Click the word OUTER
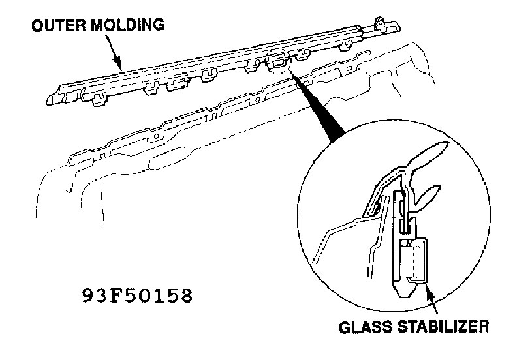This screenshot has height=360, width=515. tap(59, 25)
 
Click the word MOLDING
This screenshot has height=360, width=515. tap(127, 25)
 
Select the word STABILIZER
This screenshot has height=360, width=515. tap(443, 327)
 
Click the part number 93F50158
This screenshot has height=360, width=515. tap(137, 295)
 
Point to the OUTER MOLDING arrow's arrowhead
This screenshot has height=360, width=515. tap(118, 65)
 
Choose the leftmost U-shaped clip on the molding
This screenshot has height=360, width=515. tap(100, 98)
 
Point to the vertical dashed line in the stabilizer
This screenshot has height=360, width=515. tap(413, 261)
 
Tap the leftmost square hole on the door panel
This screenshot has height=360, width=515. tap(102, 155)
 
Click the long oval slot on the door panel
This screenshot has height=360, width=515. tap(166, 158)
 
